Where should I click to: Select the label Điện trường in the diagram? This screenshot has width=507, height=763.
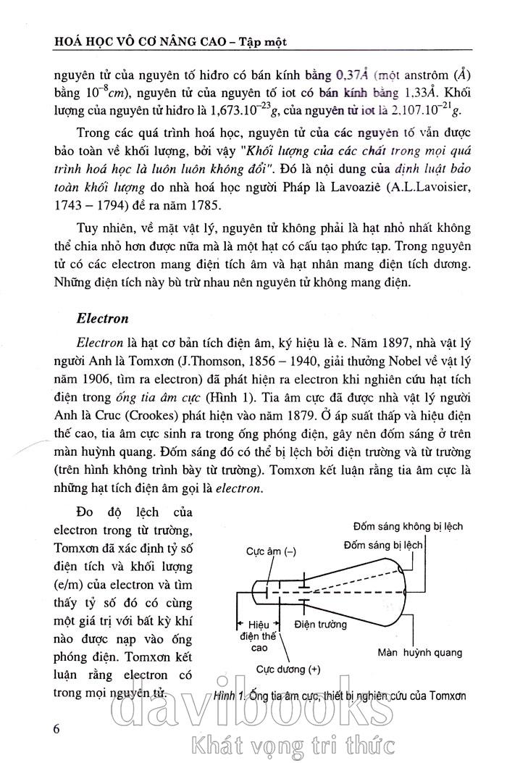tap(321, 624)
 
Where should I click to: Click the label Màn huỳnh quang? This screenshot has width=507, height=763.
tap(420, 652)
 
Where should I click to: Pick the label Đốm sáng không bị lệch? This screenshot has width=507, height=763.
tap(408, 526)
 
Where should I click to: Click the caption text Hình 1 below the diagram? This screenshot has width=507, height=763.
tap(230, 696)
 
